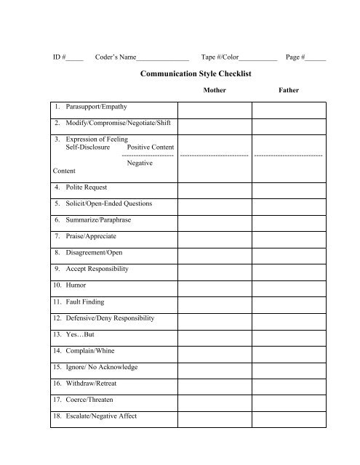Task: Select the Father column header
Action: pos(288,92)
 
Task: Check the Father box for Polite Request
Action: pos(288,187)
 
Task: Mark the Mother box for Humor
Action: pos(215,286)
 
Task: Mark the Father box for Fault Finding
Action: pos(288,302)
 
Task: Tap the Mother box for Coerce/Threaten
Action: pos(215,400)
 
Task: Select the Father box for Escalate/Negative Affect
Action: pos(288,416)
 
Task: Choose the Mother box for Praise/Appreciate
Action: pos(215,236)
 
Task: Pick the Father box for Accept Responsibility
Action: pos(288,269)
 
